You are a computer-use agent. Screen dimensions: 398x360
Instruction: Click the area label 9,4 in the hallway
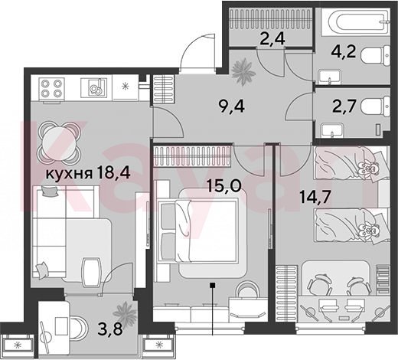(x=232, y=106)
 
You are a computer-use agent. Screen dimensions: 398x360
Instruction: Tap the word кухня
(x=69, y=174)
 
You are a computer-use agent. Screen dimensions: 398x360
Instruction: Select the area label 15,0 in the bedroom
(x=223, y=185)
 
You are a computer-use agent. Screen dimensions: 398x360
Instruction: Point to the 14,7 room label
(x=315, y=197)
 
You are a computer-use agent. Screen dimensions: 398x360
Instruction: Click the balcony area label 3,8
(x=110, y=329)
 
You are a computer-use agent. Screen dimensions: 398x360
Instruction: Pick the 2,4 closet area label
(x=272, y=39)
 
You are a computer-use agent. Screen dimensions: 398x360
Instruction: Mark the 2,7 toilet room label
(x=344, y=106)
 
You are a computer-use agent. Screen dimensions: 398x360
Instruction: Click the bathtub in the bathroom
(x=356, y=21)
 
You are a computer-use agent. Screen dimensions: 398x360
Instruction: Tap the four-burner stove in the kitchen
(x=51, y=88)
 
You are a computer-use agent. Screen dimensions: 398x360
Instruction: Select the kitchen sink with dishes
(x=93, y=88)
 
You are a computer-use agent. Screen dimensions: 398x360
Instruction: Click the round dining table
(x=60, y=143)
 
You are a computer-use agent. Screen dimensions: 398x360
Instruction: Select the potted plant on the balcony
(x=125, y=313)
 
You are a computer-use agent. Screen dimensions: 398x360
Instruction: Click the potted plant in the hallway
(x=243, y=71)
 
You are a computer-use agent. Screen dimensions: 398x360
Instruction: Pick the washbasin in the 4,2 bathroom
(x=329, y=77)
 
